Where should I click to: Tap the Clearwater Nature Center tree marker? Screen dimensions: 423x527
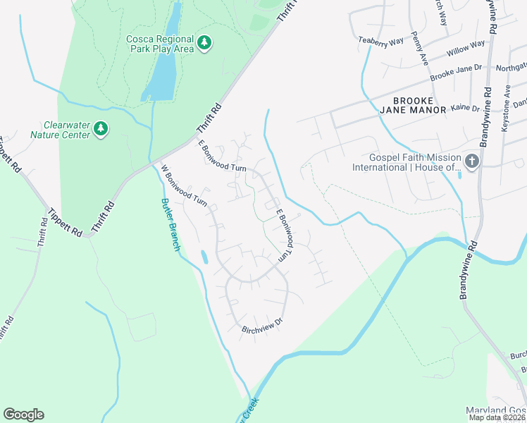[101, 128]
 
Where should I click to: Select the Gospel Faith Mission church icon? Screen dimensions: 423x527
[471, 162]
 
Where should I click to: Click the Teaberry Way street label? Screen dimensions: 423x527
[380, 42]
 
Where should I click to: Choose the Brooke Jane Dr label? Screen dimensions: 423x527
[455, 71]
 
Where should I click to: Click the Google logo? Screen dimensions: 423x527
[23, 415]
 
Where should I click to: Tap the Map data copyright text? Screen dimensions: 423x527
[497, 417]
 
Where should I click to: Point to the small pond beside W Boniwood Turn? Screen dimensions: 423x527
[204, 257]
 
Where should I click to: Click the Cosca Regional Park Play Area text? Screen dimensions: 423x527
[161, 44]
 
